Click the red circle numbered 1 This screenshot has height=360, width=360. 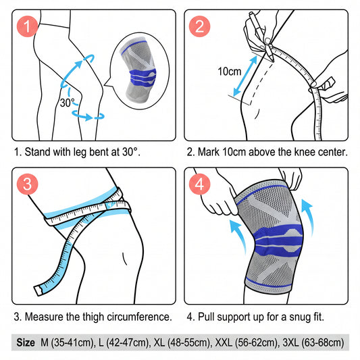tap(27, 26)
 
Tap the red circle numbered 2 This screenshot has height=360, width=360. tap(199, 26)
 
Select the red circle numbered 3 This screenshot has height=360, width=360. tap(27, 184)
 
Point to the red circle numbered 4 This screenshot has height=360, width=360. tap(199, 184)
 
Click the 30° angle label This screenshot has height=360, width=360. tap(68, 103)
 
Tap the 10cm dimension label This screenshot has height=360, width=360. tap(230, 72)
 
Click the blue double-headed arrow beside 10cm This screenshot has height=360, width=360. tap(245, 76)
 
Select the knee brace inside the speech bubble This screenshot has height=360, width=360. tap(139, 70)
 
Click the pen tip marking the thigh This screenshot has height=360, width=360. tap(272, 61)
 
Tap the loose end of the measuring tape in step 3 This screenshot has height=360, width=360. tap(38, 290)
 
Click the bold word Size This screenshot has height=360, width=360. tap(26, 342)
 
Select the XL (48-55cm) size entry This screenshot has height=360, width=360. tap(182, 343)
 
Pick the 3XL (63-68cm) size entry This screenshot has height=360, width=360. tap(313, 343)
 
